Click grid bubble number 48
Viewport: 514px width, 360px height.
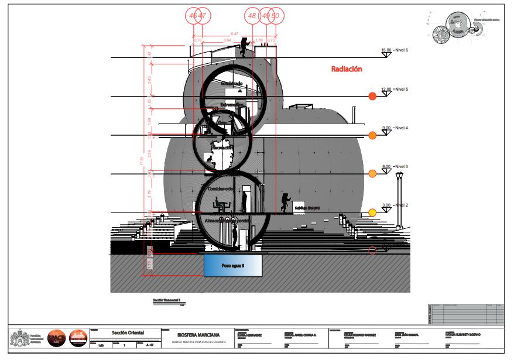[x=253, y=16]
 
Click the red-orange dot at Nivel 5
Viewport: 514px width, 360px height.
[x=372, y=97]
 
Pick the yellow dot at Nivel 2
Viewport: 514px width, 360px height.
[x=372, y=212]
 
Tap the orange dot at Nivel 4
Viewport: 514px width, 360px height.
[x=372, y=136]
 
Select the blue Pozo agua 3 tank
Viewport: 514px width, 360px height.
[x=232, y=265]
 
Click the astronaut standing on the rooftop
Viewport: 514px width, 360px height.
[x=245, y=49]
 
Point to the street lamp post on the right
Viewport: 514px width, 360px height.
[x=400, y=199]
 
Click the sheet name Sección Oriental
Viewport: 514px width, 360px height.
[x=129, y=332]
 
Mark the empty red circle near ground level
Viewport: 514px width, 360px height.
[x=372, y=251]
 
